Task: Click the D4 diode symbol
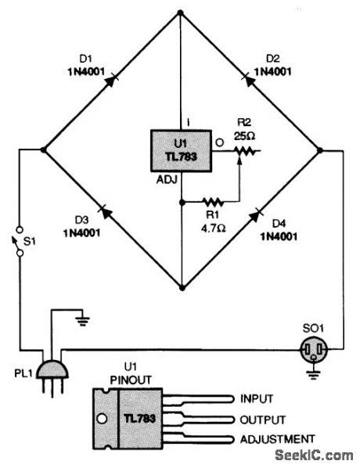click(255, 214)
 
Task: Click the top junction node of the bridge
click(180, 12)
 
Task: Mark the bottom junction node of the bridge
click(180, 288)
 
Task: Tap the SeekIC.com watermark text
click(319, 455)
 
